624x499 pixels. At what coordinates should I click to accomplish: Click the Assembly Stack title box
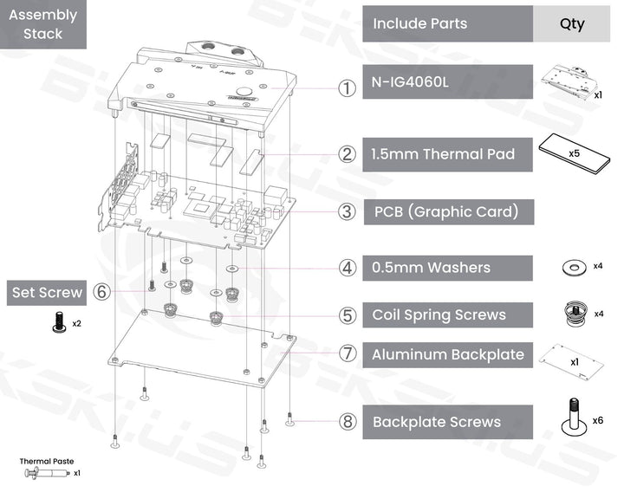coord(43,25)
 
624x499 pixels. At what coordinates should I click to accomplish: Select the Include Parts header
coord(447,23)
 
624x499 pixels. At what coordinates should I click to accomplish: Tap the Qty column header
coord(572,23)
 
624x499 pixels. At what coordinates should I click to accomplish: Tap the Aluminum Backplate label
coord(447,354)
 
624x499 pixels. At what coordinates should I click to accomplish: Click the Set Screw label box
coord(47,293)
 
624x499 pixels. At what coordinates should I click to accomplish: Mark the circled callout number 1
coord(347,88)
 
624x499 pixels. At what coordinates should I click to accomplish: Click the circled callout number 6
coord(102,293)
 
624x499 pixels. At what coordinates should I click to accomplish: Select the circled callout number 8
coord(347,422)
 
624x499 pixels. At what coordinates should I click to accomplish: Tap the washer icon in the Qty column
coord(572,266)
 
